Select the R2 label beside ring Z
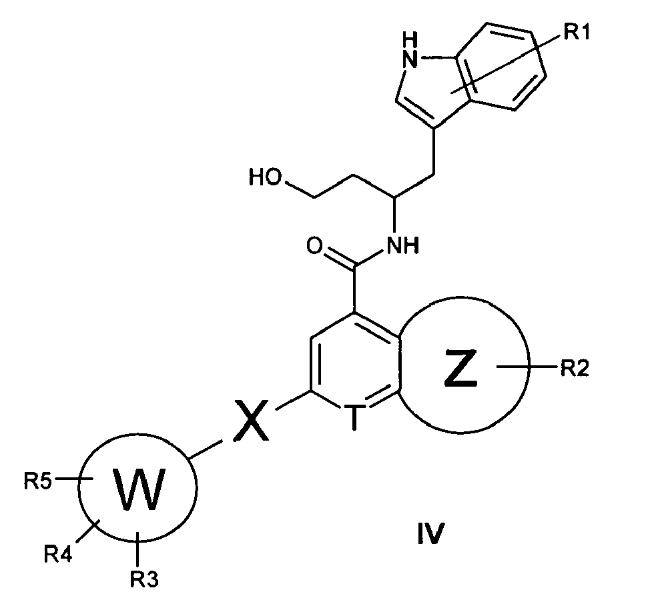[x=575, y=369]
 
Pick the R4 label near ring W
[x=59, y=555]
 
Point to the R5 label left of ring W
[x=37, y=481]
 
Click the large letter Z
[x=460, y=369]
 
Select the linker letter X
[x=251, y=420]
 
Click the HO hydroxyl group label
[x=266, y=177]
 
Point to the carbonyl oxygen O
[x=314, y=245]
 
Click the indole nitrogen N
[x=410, y=59]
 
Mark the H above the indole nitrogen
[x=410, y=41]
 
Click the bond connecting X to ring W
[x=206, y=450]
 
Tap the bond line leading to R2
[x=527, y=367]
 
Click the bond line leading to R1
[x=507, y=64]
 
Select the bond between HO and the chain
[x=300, y=189]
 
